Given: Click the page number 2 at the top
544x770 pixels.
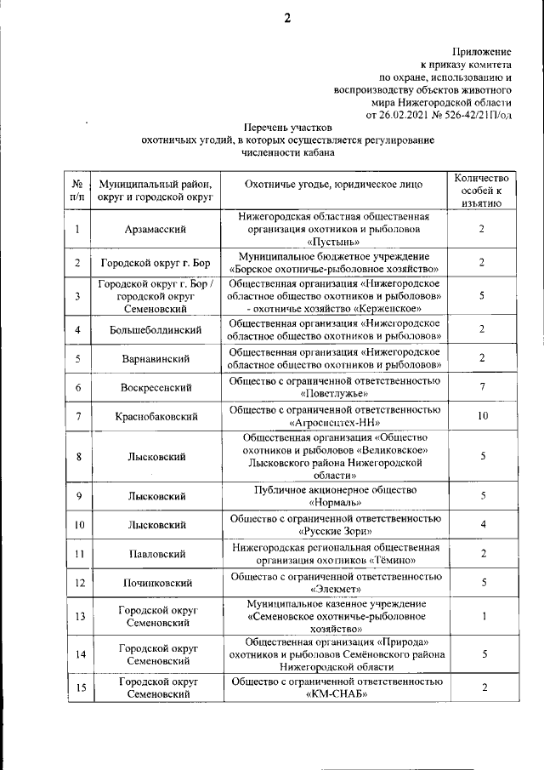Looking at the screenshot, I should pos(286,20).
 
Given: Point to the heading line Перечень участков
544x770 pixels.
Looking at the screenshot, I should pos(286,127).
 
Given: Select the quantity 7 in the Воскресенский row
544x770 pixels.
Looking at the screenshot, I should pos(481,388).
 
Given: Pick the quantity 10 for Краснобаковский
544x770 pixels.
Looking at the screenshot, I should pos(481,416).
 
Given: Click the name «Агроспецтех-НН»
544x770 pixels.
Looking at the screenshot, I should pos(334,422).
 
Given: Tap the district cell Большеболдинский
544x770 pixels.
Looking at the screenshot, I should pos(157,329).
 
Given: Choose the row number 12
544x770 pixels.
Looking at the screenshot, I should pos(77,583).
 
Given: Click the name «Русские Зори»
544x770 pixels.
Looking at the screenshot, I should pos(334,530).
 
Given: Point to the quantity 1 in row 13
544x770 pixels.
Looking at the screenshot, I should pos(481,617).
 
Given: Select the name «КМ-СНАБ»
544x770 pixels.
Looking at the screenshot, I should pos(334,694).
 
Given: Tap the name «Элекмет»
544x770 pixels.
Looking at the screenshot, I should pos(334,589).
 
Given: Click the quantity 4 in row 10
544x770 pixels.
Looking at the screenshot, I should pos(481,524).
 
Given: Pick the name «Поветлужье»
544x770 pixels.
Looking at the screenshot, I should pos(334,394).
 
